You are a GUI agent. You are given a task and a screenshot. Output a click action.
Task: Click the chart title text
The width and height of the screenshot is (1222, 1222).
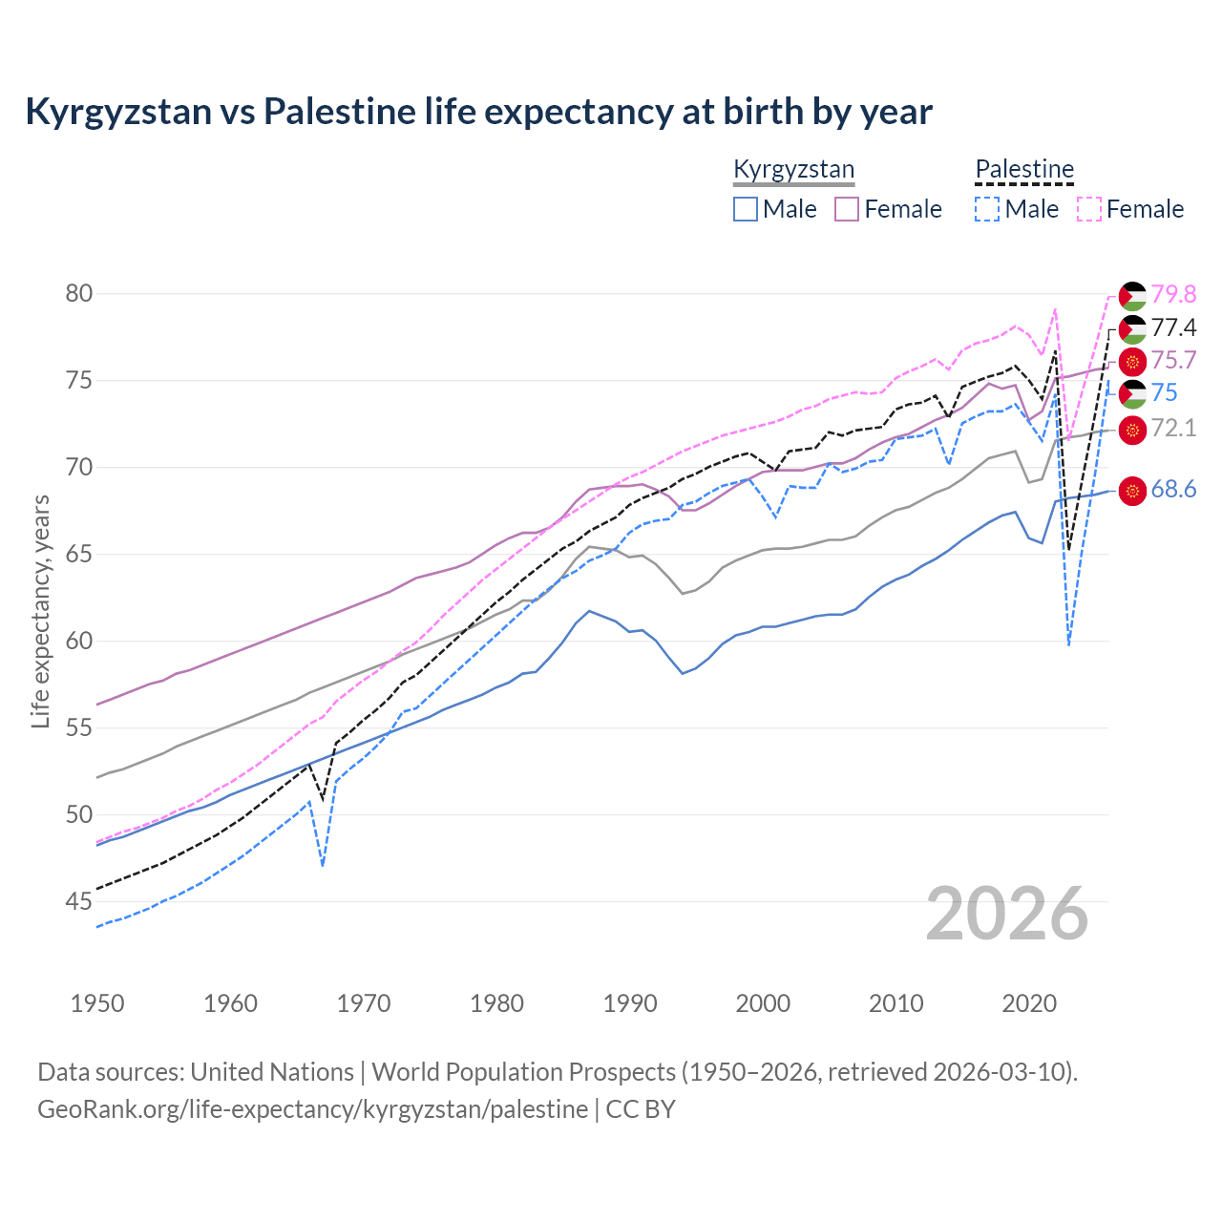(478, 112)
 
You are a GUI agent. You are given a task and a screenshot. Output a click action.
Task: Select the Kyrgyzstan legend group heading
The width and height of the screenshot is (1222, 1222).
(793, 170)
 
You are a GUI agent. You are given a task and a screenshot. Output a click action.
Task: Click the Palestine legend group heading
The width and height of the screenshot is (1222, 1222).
(1024, 170)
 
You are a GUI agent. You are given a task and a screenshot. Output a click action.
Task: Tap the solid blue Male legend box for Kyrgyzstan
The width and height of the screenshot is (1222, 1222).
(746, 209)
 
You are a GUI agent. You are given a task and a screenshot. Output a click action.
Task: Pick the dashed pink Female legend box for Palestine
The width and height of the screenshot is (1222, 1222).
(1089, 209)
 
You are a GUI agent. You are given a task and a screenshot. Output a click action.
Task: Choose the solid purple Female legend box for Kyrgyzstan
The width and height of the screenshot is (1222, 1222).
(847, 209)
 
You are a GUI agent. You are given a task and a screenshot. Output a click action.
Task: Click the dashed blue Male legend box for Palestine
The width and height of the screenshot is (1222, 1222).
(987, 209)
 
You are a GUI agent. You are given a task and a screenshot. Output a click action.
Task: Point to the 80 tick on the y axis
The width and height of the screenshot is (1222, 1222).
(79, 293)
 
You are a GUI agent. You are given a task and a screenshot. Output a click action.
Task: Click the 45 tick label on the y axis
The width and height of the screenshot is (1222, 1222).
(79, 901)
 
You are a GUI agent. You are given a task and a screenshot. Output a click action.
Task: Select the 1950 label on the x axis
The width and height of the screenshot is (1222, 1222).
(97, 1003)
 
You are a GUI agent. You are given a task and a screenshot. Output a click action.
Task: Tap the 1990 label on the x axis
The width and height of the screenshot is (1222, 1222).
(630, 1003)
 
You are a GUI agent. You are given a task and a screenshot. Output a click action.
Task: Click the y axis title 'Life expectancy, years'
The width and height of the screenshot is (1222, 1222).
(40, 611)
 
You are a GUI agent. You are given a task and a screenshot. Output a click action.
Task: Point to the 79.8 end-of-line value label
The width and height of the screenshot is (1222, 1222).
(1173, 294)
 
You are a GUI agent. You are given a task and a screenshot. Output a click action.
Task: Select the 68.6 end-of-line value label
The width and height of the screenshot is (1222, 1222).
(1173, 490)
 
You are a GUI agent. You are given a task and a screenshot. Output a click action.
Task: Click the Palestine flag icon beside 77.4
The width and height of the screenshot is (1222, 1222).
(1132, 329)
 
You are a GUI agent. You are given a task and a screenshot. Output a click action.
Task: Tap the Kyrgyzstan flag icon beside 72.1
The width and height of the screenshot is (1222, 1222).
(1132, 430)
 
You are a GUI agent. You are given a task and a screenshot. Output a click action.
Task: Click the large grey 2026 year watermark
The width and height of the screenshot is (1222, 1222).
(1007, 914)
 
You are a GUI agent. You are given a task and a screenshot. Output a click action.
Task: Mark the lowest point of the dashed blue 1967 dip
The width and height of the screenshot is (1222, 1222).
(323, 866)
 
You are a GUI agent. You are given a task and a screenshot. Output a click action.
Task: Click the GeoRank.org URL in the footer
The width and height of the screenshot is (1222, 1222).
(312, 1109)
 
